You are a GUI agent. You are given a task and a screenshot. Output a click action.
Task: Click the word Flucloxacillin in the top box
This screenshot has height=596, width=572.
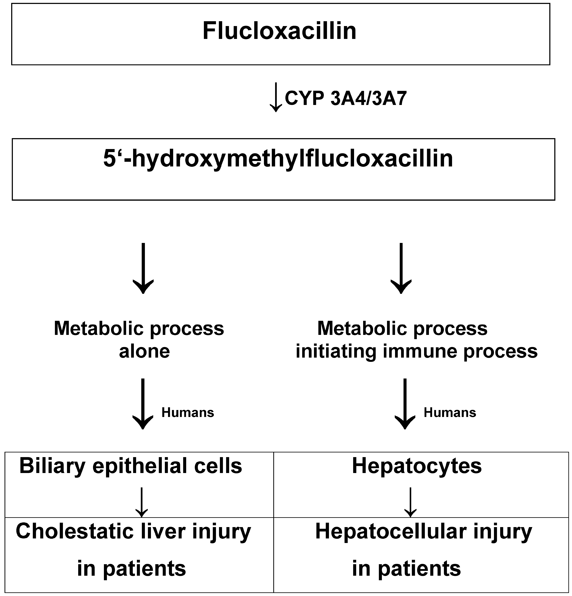279,31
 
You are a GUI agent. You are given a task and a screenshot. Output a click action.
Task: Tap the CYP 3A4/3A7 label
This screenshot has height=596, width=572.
345,98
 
